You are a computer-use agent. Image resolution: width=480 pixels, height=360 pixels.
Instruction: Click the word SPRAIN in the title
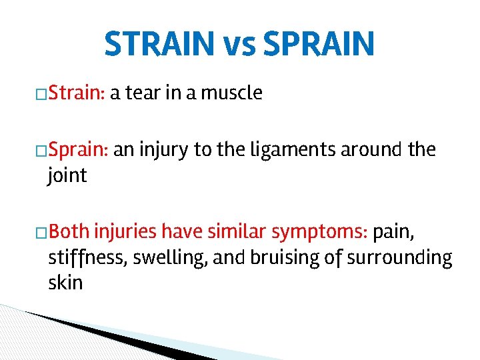click(x=319, y=44)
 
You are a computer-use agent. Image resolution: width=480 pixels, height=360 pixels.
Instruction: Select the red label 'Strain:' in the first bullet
click(x=77, y=93)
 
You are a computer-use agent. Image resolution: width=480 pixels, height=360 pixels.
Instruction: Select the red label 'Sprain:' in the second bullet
click(x=78, y=149)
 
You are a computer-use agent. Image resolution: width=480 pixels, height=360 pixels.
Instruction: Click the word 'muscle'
click(x=232, y=93)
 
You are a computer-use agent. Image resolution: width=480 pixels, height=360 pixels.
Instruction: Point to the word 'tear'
click(x=143, y=93)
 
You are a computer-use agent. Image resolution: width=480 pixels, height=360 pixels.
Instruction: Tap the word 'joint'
click(x=67, y=175)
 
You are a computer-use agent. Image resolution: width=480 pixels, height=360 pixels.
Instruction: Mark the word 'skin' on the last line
click(x=65, y=283)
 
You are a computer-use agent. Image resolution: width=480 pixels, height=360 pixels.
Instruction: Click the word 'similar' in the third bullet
click(x=235, y=231)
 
